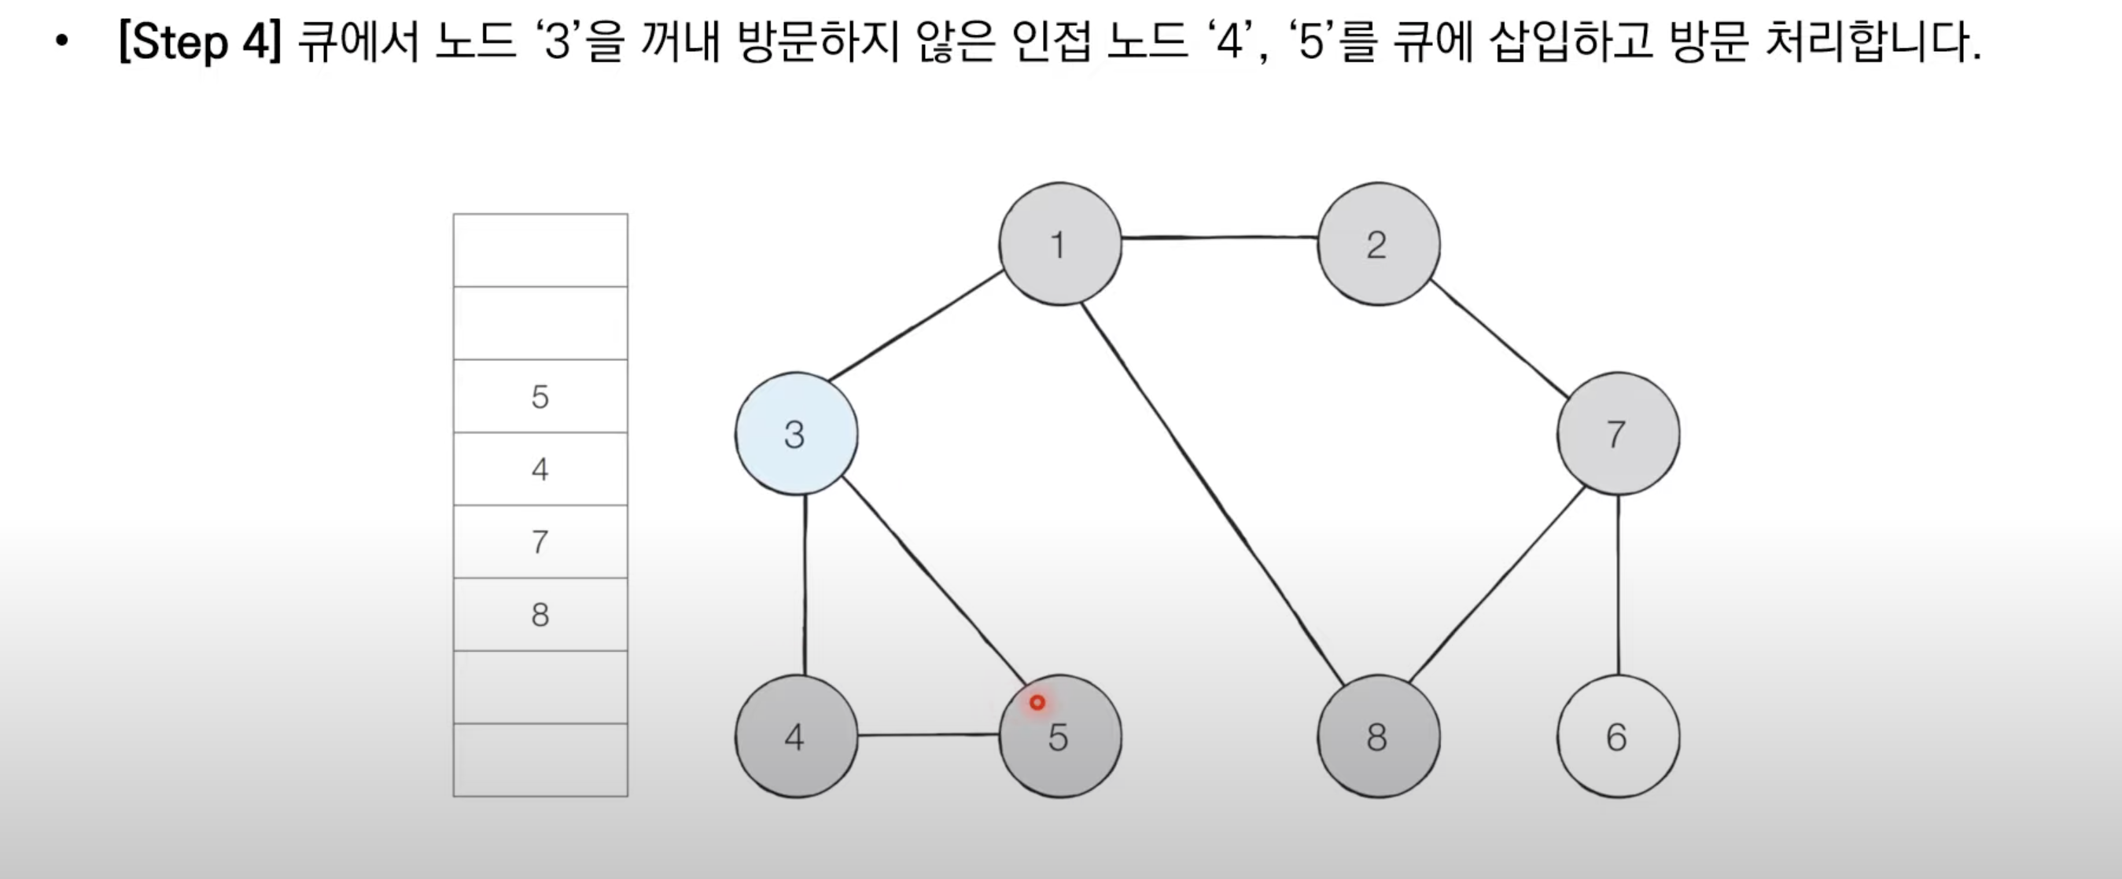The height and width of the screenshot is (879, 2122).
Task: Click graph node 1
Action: click(x=1059, y=244)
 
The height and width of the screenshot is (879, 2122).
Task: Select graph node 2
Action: click(x=1378, y=244)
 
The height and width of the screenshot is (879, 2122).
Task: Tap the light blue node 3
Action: click(x=796, y=433)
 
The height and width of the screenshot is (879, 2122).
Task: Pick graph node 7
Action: click(x=1617, y=433)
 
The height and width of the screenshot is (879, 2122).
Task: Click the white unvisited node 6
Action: click(x=1617, y=736)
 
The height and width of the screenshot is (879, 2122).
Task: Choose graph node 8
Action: click(x=1378, y=736)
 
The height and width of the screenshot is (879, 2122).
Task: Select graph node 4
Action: click(x=796, y=736)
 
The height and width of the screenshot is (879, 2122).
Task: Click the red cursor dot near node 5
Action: click(x=1037, y=703)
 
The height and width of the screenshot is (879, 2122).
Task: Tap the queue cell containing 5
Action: click(x=540, y=396)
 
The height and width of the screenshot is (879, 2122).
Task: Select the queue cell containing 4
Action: click(x=540, y=469)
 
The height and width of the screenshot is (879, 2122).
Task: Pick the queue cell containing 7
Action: click(x=540, y=541)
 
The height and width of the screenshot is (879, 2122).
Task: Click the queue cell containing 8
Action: click(x=540, y=614)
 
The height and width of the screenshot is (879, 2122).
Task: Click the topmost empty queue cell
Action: click(x=540, y=251)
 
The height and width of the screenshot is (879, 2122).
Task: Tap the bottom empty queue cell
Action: click(x=540, y=759)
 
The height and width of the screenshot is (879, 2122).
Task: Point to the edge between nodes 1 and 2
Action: click(x=1219, y=237)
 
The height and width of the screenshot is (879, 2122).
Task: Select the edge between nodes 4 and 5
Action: click(x=928, y=734)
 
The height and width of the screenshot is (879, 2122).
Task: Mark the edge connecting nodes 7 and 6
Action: click(x=1618, y=585)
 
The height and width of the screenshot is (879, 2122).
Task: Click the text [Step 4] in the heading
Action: click(x=199, y=42)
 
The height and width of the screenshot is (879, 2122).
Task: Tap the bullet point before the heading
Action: click(x=62, y=40)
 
